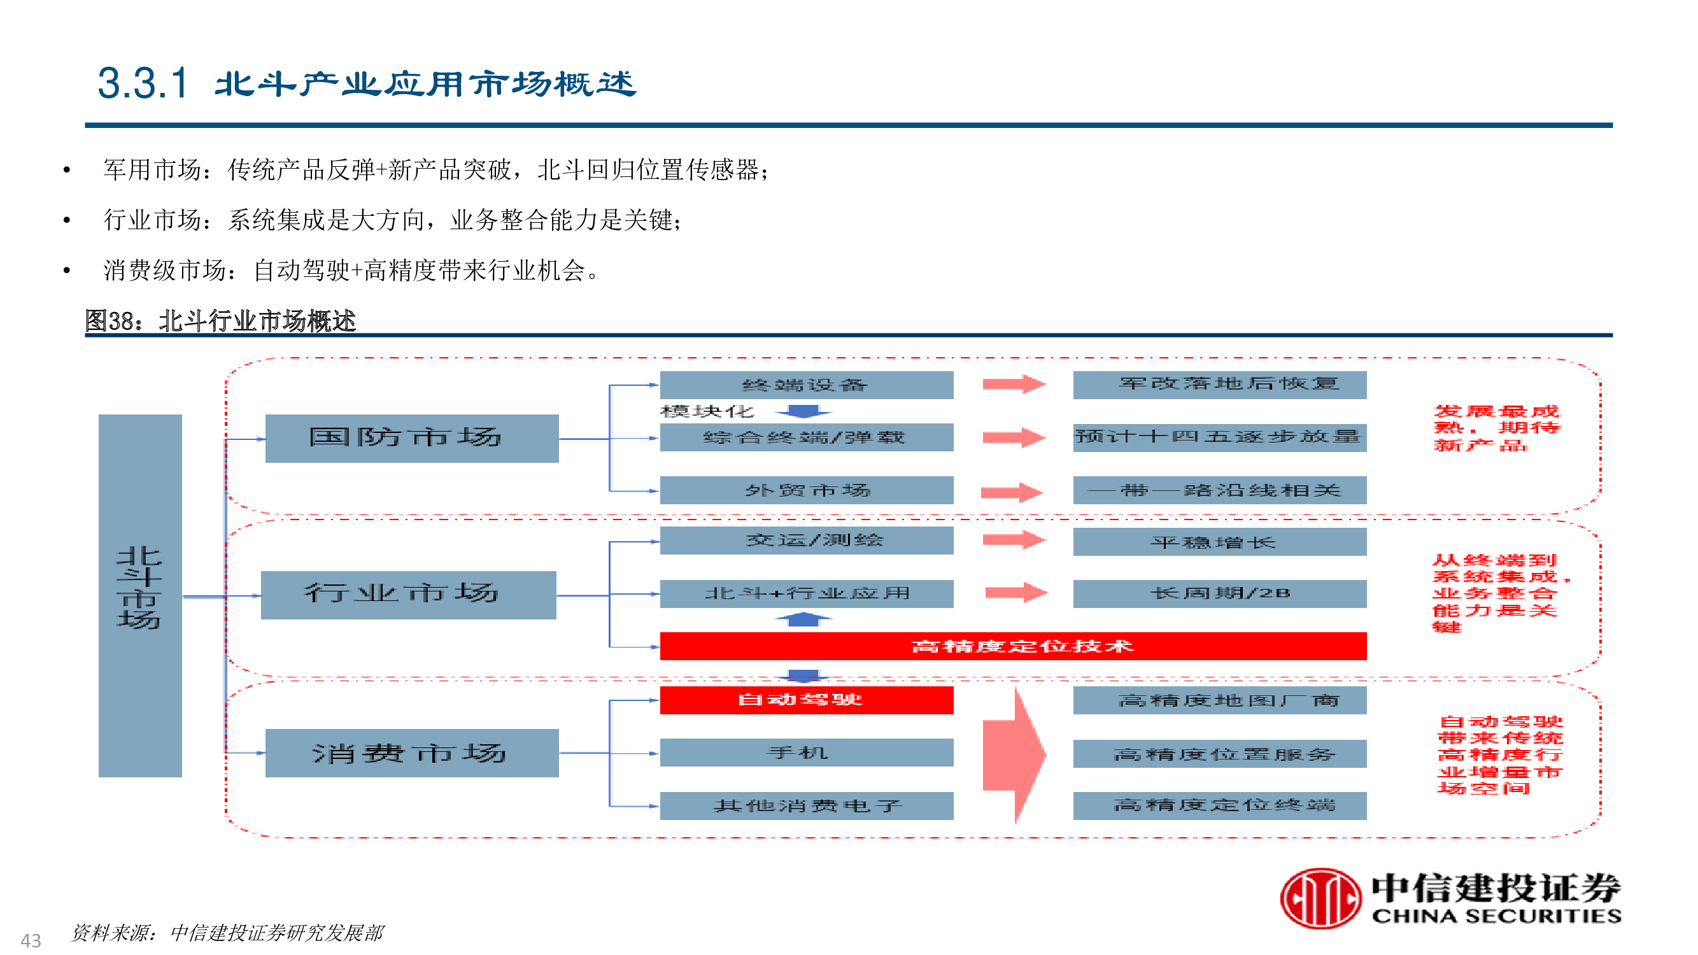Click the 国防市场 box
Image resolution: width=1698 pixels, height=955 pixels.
point(411,438)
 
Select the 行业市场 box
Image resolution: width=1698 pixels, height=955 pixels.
point(408,595)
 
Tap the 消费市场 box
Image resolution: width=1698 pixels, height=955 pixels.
point(411,753)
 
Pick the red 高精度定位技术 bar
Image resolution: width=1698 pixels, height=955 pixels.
point(1013,646)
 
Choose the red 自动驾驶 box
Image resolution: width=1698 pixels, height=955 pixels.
point(807,700)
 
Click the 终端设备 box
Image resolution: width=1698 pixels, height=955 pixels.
point(807,385)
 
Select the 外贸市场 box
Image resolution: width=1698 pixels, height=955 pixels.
point(807,490)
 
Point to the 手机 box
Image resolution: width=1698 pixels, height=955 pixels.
point(807,753)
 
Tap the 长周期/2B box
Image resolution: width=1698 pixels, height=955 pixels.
point(1219,594)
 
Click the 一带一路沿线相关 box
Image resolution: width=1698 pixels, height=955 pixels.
point(1219,490)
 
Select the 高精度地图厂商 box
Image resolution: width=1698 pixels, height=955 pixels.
point(1219,700)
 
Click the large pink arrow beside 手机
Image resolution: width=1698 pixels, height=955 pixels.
point(1014,755)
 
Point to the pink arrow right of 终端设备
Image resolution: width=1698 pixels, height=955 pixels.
point(1014,385)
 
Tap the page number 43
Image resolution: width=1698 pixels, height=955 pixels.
point(31,940)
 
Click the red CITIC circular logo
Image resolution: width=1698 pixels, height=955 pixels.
point(1320,898)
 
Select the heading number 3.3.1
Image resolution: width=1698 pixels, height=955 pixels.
point(143,83)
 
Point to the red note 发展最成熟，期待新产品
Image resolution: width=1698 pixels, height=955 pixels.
point(1497,428)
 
